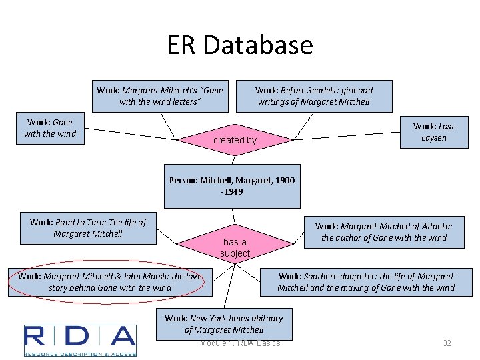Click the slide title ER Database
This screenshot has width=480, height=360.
240,45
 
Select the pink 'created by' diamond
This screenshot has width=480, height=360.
234,140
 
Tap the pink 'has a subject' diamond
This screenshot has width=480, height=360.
235,247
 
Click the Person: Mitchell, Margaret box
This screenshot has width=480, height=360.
232,186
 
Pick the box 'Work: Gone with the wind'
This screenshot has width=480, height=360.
50,128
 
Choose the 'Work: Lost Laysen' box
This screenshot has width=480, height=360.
433,132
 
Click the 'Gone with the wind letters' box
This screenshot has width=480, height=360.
160,96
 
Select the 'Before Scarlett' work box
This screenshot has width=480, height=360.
314,96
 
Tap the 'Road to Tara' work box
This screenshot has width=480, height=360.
88,228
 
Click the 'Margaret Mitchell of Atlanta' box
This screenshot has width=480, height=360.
383,232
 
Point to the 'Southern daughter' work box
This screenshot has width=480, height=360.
365,282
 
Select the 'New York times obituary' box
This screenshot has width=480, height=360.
224,323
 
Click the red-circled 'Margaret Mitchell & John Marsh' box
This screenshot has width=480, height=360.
110,282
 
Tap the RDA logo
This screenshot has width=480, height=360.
80,340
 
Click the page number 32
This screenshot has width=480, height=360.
447,343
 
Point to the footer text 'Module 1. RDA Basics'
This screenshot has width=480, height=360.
240,343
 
